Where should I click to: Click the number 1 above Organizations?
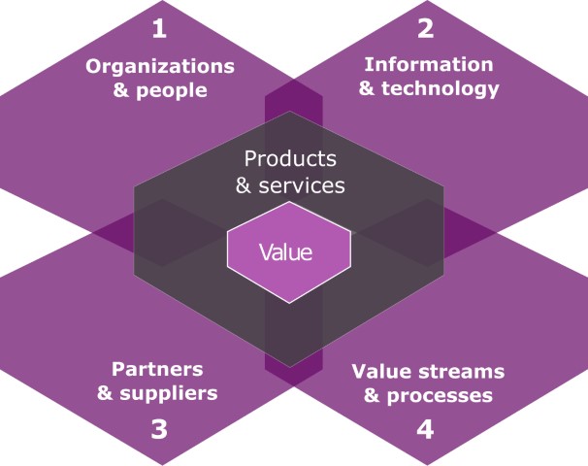160,29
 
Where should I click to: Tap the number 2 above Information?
426,28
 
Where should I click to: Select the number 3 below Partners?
160,428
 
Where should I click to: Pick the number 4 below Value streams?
426,428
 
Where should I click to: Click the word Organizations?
160,67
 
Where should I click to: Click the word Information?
428,64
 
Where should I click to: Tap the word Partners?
157,369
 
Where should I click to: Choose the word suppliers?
173,393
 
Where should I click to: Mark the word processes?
440,395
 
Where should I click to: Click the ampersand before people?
121,91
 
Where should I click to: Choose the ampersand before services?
245,183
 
